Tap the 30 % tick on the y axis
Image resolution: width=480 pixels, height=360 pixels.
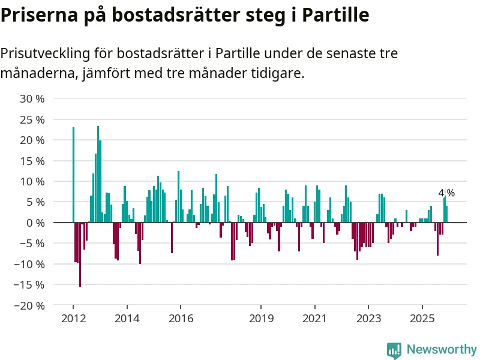pos(33,98)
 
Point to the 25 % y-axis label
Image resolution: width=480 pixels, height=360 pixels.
pos(33,119)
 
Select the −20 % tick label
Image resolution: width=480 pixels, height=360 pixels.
pos(30,305)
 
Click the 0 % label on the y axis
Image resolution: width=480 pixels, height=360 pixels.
pos(35,223)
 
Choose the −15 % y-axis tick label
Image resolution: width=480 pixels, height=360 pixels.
pos(30,284)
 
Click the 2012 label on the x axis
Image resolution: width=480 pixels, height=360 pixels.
pos(73,319)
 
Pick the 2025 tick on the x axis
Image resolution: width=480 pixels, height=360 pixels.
pos(422,319)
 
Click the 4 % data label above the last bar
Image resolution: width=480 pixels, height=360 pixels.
pos(446,193)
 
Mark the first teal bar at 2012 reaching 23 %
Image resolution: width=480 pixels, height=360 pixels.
pos(73,175)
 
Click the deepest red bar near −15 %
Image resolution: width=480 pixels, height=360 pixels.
pos(80,254)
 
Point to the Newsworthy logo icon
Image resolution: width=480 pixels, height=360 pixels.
pos(394,350)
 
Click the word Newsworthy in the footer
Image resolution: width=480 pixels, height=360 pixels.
pos(442,350)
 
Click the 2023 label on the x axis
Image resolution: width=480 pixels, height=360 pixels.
pos(368,319)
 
